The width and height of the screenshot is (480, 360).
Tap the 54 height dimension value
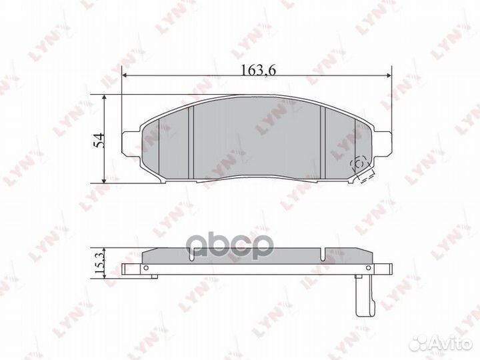click(x=99, y=140)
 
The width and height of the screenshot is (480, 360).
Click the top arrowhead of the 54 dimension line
click(x=105, y=97)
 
